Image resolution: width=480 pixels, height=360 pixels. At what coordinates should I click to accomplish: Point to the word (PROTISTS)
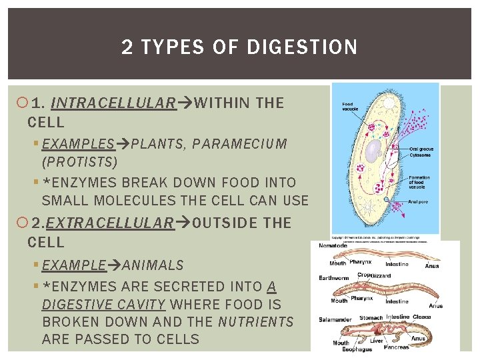[79, 162]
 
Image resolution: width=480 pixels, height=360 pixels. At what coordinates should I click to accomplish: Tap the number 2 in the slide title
[127, 47]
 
